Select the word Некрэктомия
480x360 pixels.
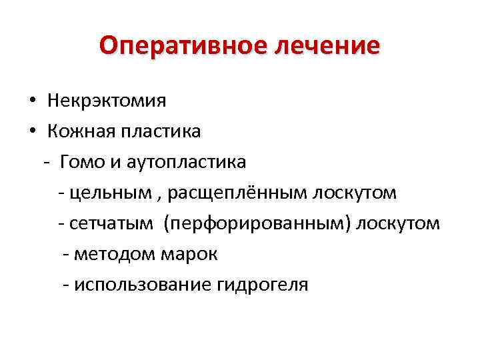point(107,101)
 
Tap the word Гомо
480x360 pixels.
point(81,162)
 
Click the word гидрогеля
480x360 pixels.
point(263,285)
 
